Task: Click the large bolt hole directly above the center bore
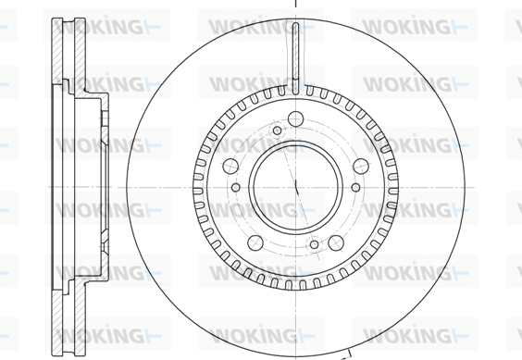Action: [295, 118]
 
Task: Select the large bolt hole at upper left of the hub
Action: [230, 166]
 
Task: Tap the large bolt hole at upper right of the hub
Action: [361, 167]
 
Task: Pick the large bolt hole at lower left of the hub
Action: [255, 242]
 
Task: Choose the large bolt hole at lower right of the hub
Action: [336, 242]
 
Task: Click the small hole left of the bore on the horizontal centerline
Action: [236, 188]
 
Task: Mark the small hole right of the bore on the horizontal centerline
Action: [356, 188]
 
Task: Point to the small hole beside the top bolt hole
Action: [278, 130]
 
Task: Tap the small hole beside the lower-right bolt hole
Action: [315, 244]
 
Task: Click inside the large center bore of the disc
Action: [295, 188]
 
